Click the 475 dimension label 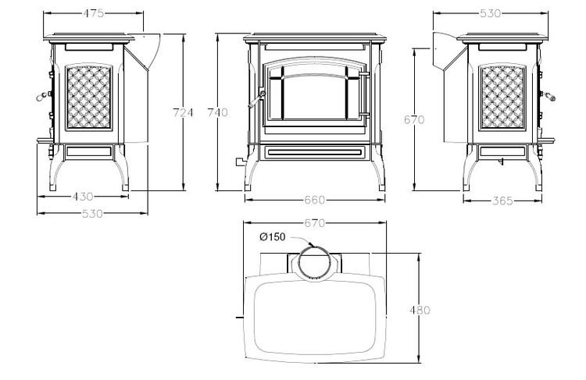94,13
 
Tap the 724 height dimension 183,112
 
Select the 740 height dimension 217,112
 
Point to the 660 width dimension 315,200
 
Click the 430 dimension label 83,197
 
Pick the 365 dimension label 502,201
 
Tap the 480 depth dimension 420,310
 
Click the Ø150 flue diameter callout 272,236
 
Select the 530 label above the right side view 491,13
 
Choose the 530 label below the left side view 92,214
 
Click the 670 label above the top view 315,223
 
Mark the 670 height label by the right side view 414,119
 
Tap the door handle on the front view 256,99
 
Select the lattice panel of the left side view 88,97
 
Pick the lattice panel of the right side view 502,97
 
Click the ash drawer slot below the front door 314,152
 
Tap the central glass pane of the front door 314,98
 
